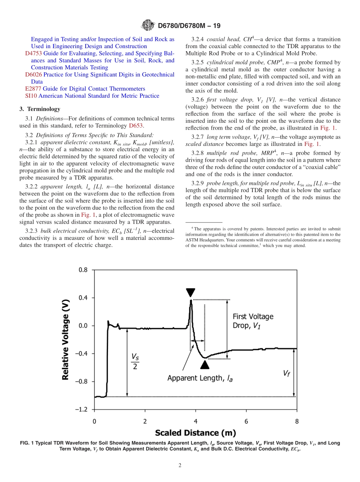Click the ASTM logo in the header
tap(148, 25)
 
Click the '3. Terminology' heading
tap(40, 109)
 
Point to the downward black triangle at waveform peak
tap(191, 293)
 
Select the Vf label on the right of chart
tap(287, 373)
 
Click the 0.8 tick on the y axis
tap(83, 270)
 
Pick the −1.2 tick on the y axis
tap(81, 410)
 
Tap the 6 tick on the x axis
tap(246, 421)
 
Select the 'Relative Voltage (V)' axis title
tap(66, 340)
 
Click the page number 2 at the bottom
tap(180, 466)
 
